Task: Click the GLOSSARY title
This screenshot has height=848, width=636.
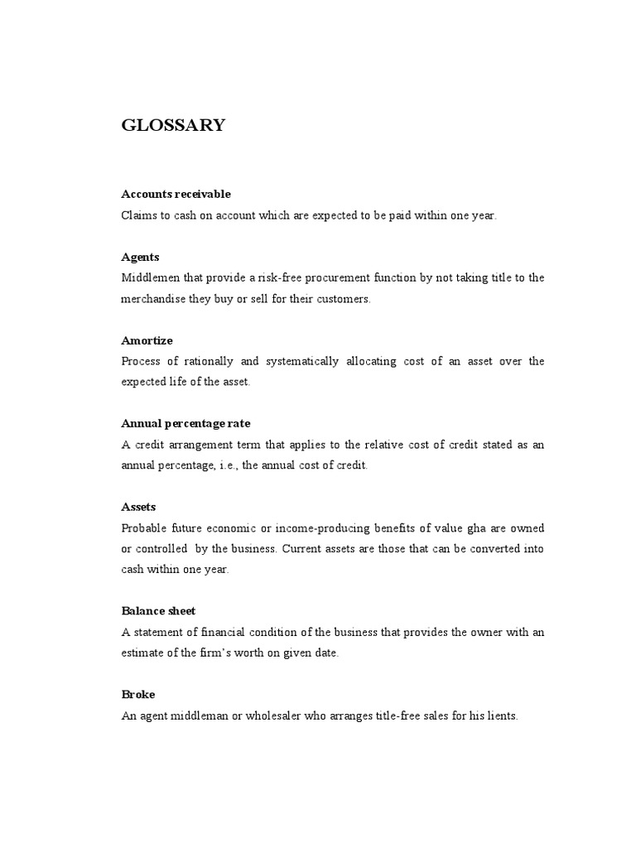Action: click(173, 126)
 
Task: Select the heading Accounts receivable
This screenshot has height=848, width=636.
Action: click(176, 194)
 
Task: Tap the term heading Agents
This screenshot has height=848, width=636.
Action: click(140, 257)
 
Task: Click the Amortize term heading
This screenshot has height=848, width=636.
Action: click(147, 340)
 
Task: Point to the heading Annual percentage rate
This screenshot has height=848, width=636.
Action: click(185, 424)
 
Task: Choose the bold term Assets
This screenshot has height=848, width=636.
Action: click(138, 507)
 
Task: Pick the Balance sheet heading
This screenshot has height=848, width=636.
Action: click(158, 611)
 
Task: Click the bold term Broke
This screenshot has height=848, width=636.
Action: click(137, 695)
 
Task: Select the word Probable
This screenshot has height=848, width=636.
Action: click(143, 528)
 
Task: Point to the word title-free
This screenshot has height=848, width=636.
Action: click(400, 716)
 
